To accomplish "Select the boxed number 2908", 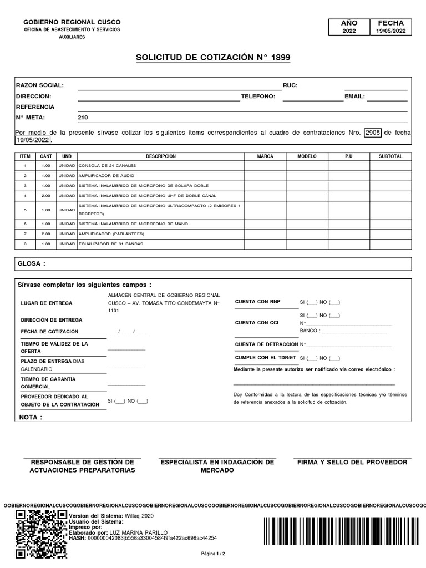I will (x=373, y=133).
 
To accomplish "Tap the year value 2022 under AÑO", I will (x=349, y=31).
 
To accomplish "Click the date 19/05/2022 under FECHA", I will (x=391, y=31).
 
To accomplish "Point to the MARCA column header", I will (x=265, y=156).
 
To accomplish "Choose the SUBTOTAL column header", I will (x=390, y=156).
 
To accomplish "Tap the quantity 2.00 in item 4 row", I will (x=46, y=196).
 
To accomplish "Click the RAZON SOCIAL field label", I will (x=40, y=85).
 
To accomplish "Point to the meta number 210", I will (x=83, y=118).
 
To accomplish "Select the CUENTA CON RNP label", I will (x=258, y=301).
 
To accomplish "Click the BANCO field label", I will (x=310, y=331).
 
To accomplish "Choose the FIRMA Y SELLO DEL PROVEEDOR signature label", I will (x=352, y=462).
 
